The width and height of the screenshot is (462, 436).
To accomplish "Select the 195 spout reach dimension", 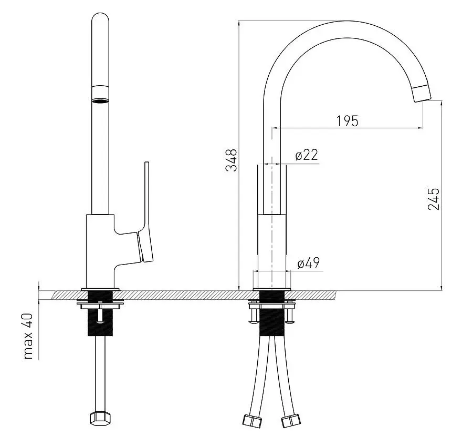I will click(x=348, y=120).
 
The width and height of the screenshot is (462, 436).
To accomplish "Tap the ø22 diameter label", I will click(x=307, y=155).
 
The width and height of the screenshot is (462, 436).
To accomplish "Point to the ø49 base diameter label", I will click(x=308, y=263).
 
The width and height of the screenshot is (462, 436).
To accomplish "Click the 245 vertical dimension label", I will click(x=434, y=199).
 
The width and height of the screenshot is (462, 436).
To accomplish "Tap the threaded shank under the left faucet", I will click(x=99, y=318).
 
